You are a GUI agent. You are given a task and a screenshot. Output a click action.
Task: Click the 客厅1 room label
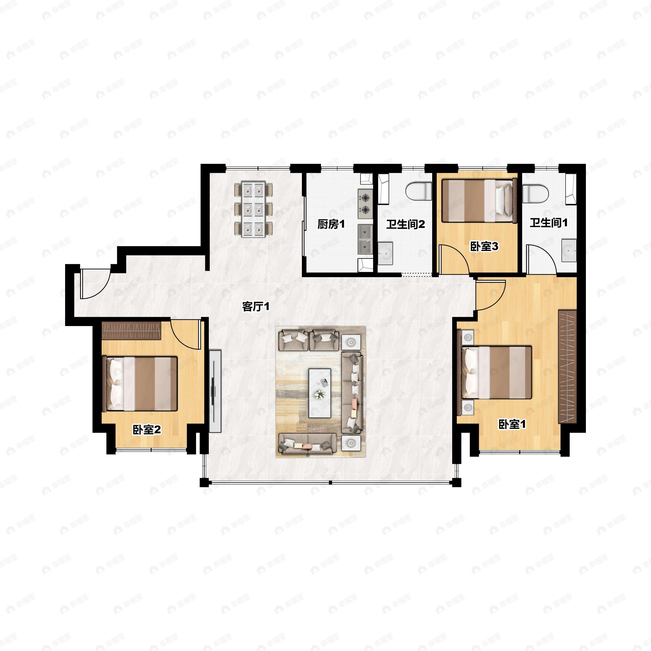256,307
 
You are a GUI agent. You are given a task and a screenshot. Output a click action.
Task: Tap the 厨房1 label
331,224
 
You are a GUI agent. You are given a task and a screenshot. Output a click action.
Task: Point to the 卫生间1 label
548,222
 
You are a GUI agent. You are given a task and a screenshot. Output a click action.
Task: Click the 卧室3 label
484,246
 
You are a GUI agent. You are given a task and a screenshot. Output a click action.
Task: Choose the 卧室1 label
512,424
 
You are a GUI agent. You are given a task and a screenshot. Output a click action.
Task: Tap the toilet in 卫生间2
419,191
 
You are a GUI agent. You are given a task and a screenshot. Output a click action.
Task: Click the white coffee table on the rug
320,393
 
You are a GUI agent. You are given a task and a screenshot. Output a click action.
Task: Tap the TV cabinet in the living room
215,391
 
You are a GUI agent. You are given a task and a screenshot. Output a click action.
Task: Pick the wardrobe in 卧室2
131,331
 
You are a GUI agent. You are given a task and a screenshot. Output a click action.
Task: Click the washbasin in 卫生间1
569,250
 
